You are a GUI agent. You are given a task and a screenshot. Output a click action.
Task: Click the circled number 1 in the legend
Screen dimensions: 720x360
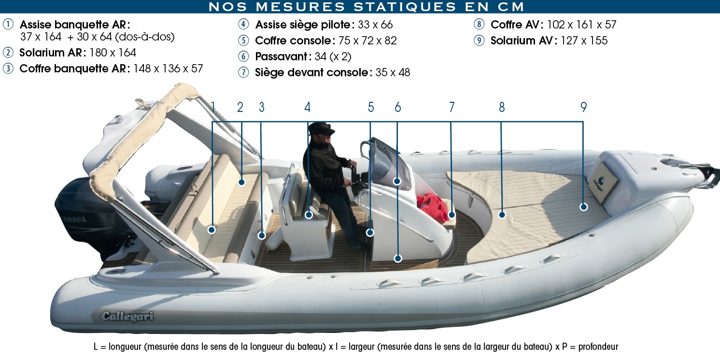tap(8, 25)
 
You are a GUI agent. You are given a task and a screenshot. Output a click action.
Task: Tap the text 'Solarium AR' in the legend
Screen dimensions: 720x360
tap(51, 53)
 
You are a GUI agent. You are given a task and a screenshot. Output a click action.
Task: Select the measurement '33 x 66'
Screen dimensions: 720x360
tap(375, 25)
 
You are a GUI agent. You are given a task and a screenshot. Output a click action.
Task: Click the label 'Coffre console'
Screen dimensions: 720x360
tap(293, 41)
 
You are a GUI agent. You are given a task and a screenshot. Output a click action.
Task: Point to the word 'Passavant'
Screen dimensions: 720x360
tap(281, 56)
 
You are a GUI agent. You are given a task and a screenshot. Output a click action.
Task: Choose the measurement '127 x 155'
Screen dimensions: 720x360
tap(584, 41)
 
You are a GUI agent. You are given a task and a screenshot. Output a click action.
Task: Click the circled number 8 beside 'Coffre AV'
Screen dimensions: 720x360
tap(479, 25)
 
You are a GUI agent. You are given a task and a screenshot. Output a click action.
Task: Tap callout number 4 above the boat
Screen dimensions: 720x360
tap(307, 107)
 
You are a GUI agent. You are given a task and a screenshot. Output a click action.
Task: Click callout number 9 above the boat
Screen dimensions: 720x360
tap(584, 107)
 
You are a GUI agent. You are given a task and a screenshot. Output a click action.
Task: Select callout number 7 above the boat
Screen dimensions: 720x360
tap(452, 107)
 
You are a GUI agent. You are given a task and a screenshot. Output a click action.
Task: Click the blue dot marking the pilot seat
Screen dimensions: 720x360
tap(309, 215)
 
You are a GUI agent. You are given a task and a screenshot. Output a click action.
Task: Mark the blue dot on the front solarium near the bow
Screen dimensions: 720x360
tap(584, 207)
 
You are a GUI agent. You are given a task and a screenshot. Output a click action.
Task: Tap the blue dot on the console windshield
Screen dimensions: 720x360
tap(397, 181)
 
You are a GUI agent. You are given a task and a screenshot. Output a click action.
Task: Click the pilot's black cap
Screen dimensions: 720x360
tap(321, 128)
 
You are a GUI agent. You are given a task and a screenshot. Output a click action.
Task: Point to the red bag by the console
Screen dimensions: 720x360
tap(433, 208)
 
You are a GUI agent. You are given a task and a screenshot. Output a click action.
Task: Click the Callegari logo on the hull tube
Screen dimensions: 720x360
tap(127, 317)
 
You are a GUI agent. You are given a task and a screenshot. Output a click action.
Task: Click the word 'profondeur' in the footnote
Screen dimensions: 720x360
tap(598, 347)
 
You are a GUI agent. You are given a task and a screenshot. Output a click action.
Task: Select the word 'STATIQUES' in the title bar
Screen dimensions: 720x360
tap(405, 7)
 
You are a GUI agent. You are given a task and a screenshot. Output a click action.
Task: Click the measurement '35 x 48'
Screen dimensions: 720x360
tap(393, 72)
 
